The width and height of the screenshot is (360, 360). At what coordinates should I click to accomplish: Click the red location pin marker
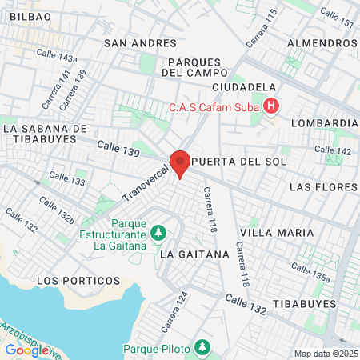tap(181, 163)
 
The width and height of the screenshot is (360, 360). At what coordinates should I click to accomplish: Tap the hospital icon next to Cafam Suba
tap(272, 106)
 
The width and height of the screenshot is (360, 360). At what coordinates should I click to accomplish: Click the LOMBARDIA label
tap(325, 122)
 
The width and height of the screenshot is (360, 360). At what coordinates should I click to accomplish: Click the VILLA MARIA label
tap(277, 232)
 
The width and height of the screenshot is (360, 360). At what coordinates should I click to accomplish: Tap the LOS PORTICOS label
tap(78, 281)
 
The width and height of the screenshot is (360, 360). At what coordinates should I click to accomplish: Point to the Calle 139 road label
tap(118, 148)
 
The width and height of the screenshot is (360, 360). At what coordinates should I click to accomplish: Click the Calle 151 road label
tap(335, 18)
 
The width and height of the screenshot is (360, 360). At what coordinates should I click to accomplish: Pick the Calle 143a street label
tap(57, 56)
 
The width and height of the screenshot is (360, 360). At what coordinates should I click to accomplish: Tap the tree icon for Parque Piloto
tap(204, 348)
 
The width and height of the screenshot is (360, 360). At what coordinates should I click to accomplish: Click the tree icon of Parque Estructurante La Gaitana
tap(159, 233)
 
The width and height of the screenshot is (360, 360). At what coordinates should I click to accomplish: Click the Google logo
tap(26, 350)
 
